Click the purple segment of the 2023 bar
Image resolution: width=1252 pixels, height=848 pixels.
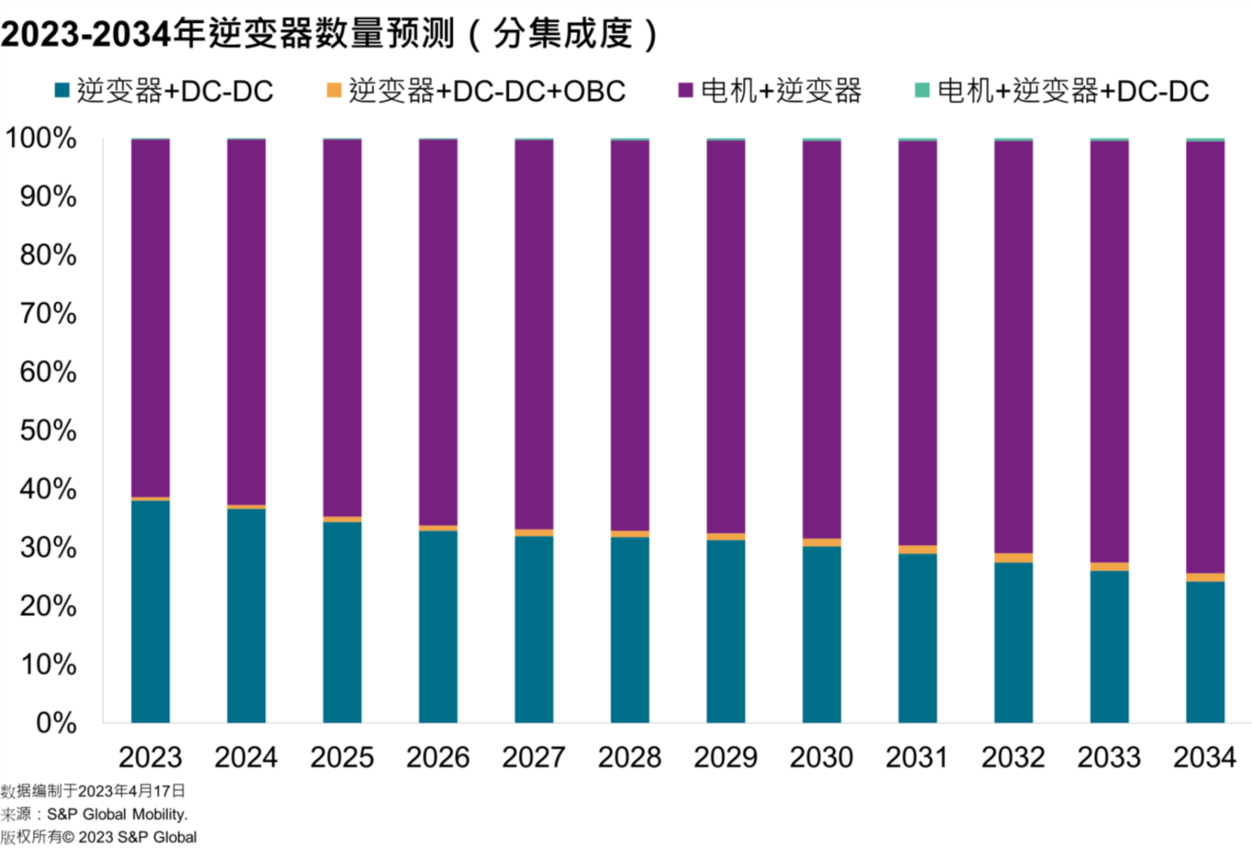click(150, 318)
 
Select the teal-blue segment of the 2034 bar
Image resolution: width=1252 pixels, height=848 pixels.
click(1205, 651)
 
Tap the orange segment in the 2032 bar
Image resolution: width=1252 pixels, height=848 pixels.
click(1013, 557)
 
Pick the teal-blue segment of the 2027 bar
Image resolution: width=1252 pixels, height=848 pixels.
click(534, 629)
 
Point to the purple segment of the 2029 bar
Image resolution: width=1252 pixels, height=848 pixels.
click(725, 336)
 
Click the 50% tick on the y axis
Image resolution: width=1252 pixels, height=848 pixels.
click(48, 430)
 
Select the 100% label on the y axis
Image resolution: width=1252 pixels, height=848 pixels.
click(41, 138)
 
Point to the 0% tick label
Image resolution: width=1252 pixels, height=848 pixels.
click(56, 723)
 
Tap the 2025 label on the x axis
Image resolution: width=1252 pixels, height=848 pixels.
click(342, 757)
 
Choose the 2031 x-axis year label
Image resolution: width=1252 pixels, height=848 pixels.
click(917, 757)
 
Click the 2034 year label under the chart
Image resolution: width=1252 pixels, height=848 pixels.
click(1204, 757)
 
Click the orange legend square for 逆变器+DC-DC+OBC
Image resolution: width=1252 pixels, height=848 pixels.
click(334, 90)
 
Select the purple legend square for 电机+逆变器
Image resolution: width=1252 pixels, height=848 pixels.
click(685, 90)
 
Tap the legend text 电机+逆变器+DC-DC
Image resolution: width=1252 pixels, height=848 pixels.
click(1073, 91)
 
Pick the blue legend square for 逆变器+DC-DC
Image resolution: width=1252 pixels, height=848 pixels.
click(62, 90)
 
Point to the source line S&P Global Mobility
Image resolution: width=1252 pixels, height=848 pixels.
click(95, 814)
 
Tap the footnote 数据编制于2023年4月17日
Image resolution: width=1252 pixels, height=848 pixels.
click(93, 791)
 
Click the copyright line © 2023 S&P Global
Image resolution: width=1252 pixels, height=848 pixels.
click(99, 837)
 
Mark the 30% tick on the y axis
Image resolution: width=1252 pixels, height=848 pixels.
click(48, 548)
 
